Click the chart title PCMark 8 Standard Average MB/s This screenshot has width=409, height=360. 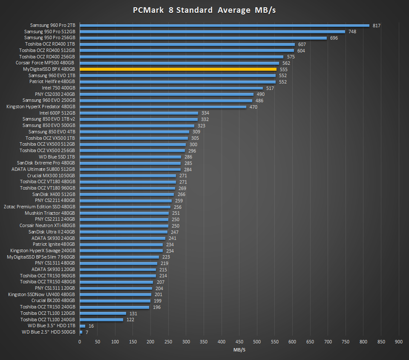(x=204, y=10)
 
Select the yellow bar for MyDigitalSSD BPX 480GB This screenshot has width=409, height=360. (x=178, y=69)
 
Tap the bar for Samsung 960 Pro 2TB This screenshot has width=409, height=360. (x=225, y=25)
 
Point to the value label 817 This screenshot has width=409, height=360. (x=376, y=26)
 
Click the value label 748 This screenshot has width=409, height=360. (x=352, y=32)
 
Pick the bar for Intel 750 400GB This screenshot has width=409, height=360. (x=171, y=88)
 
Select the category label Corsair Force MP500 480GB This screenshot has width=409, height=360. (x=45, y=63)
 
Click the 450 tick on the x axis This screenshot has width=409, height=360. (x=239, y=342)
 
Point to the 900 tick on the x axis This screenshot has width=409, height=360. (x=399, y=342)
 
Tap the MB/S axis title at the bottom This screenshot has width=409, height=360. (x=239, y=350)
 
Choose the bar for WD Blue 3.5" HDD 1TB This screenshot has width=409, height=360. (x=82, y=325)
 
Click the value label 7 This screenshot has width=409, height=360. (x=87, y=332)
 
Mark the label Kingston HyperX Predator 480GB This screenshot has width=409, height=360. (x=41, y=107)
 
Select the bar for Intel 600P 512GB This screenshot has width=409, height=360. (x=139, y=113)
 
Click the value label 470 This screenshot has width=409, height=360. (x=253, y=107)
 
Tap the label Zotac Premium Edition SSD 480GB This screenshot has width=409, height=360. (x=39, y=207)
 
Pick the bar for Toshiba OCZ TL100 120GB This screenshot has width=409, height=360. (x=103, y=313)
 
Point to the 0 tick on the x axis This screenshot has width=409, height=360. (x=80, y=342)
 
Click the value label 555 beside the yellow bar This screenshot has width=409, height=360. (x=283, y=69)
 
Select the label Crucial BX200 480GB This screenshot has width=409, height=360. (x=53, y=300)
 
